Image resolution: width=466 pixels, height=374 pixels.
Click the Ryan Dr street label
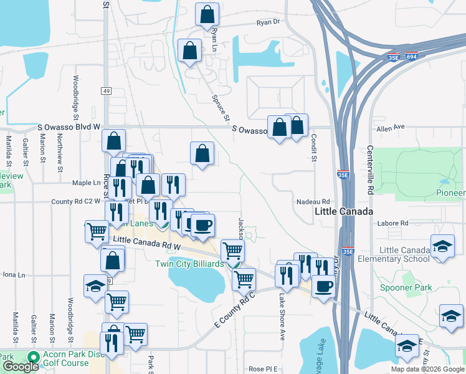[269, 22]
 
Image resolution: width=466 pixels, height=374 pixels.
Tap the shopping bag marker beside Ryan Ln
[207, 14]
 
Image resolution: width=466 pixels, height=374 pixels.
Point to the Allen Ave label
[391, 127]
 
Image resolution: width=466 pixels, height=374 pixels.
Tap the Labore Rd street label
[396, 223]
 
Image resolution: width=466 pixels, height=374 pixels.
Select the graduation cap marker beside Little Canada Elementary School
[442, 246]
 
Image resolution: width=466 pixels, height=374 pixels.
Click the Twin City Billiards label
[189, 264]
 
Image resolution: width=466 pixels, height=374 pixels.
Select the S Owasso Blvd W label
[69, 127]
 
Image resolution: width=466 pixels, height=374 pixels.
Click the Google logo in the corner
[21, 367]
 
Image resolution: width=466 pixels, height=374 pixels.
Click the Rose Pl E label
[263, 369]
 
